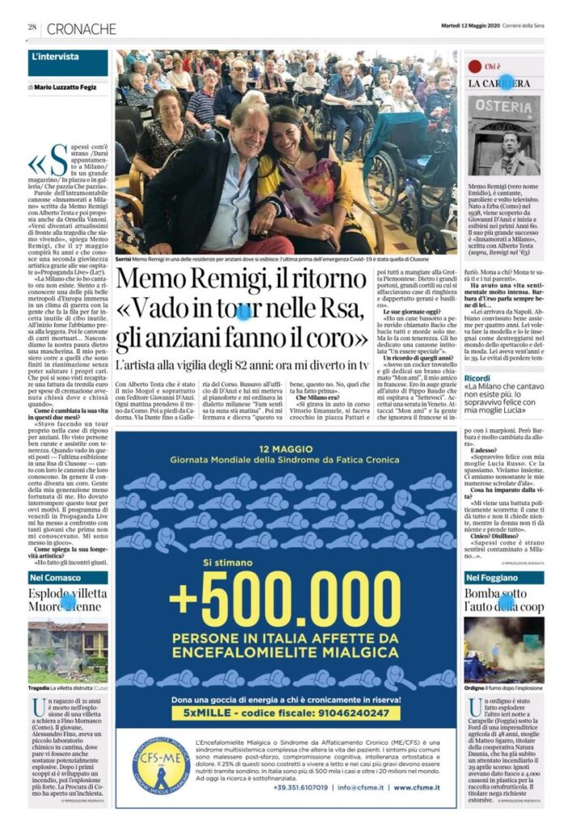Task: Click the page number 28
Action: [x=33, y=28]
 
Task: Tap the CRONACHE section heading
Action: [x=82, y=28]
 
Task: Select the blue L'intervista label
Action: [x=56, y=57]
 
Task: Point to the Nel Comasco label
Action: [x=55, y=577]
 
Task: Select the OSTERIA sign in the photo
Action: [x=502, y=106]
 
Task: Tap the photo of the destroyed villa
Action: [x=68, y=653]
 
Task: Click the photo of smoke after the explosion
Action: [x=503, y=653]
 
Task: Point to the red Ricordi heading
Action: [x=477, y=378]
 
